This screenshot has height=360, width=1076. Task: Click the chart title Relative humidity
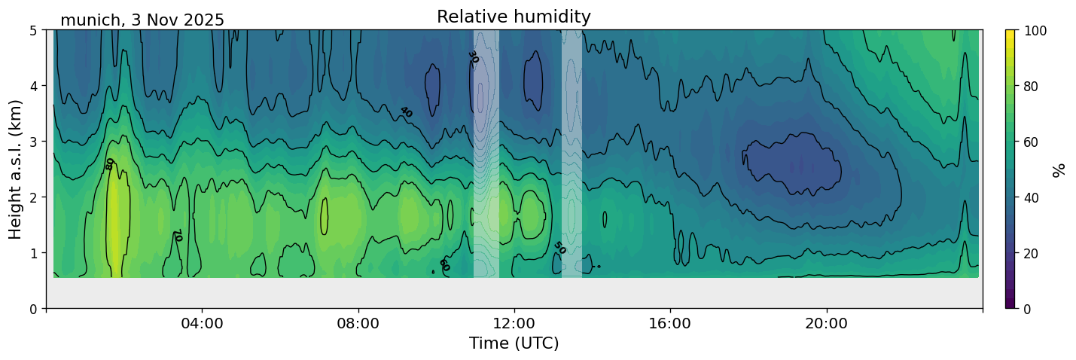click(x=514, y=17)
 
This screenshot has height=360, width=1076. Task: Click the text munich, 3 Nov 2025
click(x=142, y=20)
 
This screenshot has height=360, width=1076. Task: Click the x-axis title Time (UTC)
click(x=514, y=343)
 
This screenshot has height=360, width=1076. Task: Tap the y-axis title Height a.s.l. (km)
click(x=16, y=169)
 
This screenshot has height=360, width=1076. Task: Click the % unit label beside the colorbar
click(x=1059, y=169)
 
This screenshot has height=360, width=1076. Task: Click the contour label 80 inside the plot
click(x=110, y=163)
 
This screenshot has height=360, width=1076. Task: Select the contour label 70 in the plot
click(x=178, y=236)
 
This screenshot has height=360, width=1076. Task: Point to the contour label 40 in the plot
click(x=406, y=112)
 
